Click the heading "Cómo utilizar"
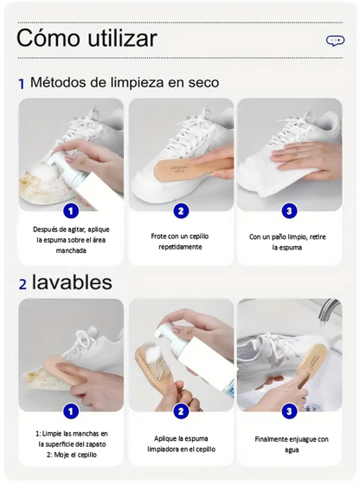click(x=87, y=38)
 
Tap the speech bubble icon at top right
click(x=335, y=40)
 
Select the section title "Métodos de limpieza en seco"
click(x=124, y=83)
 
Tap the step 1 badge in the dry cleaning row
click(x=71, y=210)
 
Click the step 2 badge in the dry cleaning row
click(x=181, y=210)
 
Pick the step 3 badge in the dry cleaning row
click(x=290, y=210)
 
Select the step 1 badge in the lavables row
click(x=71, y=411)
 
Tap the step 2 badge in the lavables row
click(x=181, y=411)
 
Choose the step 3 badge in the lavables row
click(x=290, y=411)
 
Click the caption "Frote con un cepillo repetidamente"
click(x=180, y=241)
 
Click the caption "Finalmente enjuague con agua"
click(x=291, y=443)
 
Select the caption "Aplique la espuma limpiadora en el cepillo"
click(x=180, y=443)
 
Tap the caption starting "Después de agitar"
click(x=72, y=240)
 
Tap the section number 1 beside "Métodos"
click(x=22, y=85)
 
